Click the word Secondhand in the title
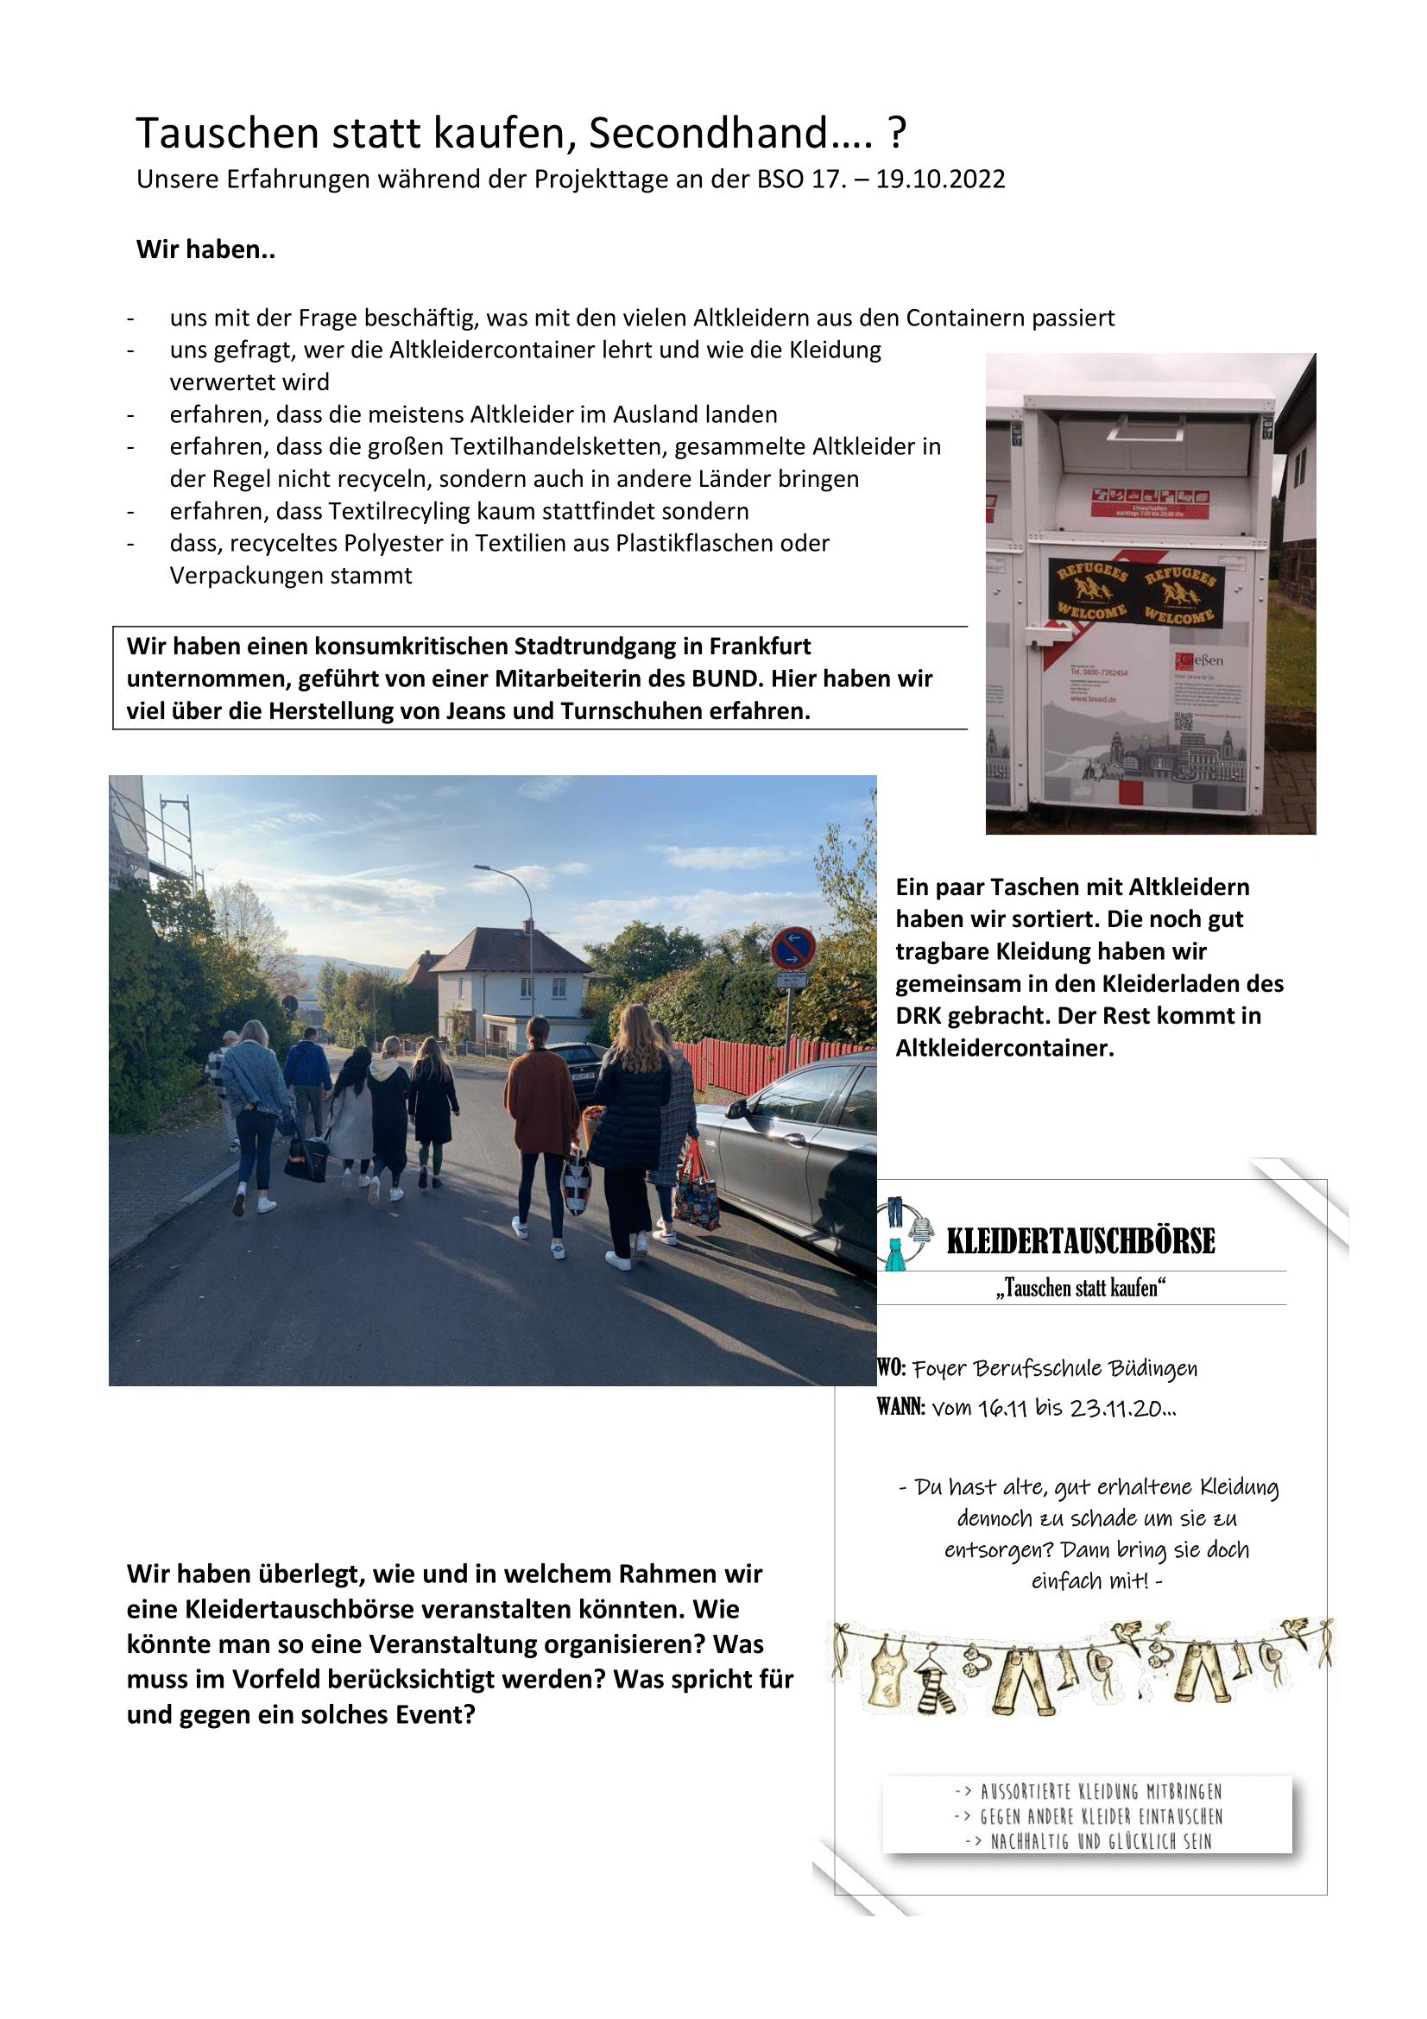707,135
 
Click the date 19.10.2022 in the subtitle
940,180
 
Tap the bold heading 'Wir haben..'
205,249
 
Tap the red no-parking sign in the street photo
792,950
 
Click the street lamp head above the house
482,867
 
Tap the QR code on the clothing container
1184,722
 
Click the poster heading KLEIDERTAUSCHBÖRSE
1081,1241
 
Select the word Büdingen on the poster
1152,1368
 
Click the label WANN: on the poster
900,1407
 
